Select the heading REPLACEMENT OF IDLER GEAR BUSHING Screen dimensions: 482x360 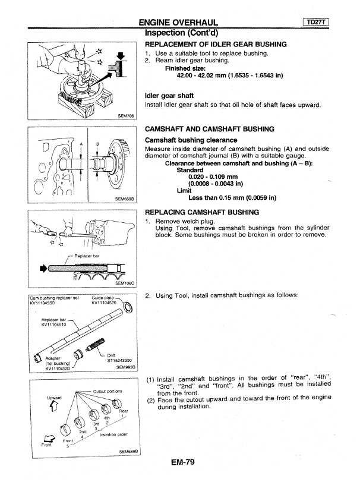[216, 44]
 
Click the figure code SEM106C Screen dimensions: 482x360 [125, 283]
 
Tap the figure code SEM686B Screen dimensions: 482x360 [129, 451]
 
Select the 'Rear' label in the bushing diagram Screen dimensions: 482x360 [124, 411]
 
